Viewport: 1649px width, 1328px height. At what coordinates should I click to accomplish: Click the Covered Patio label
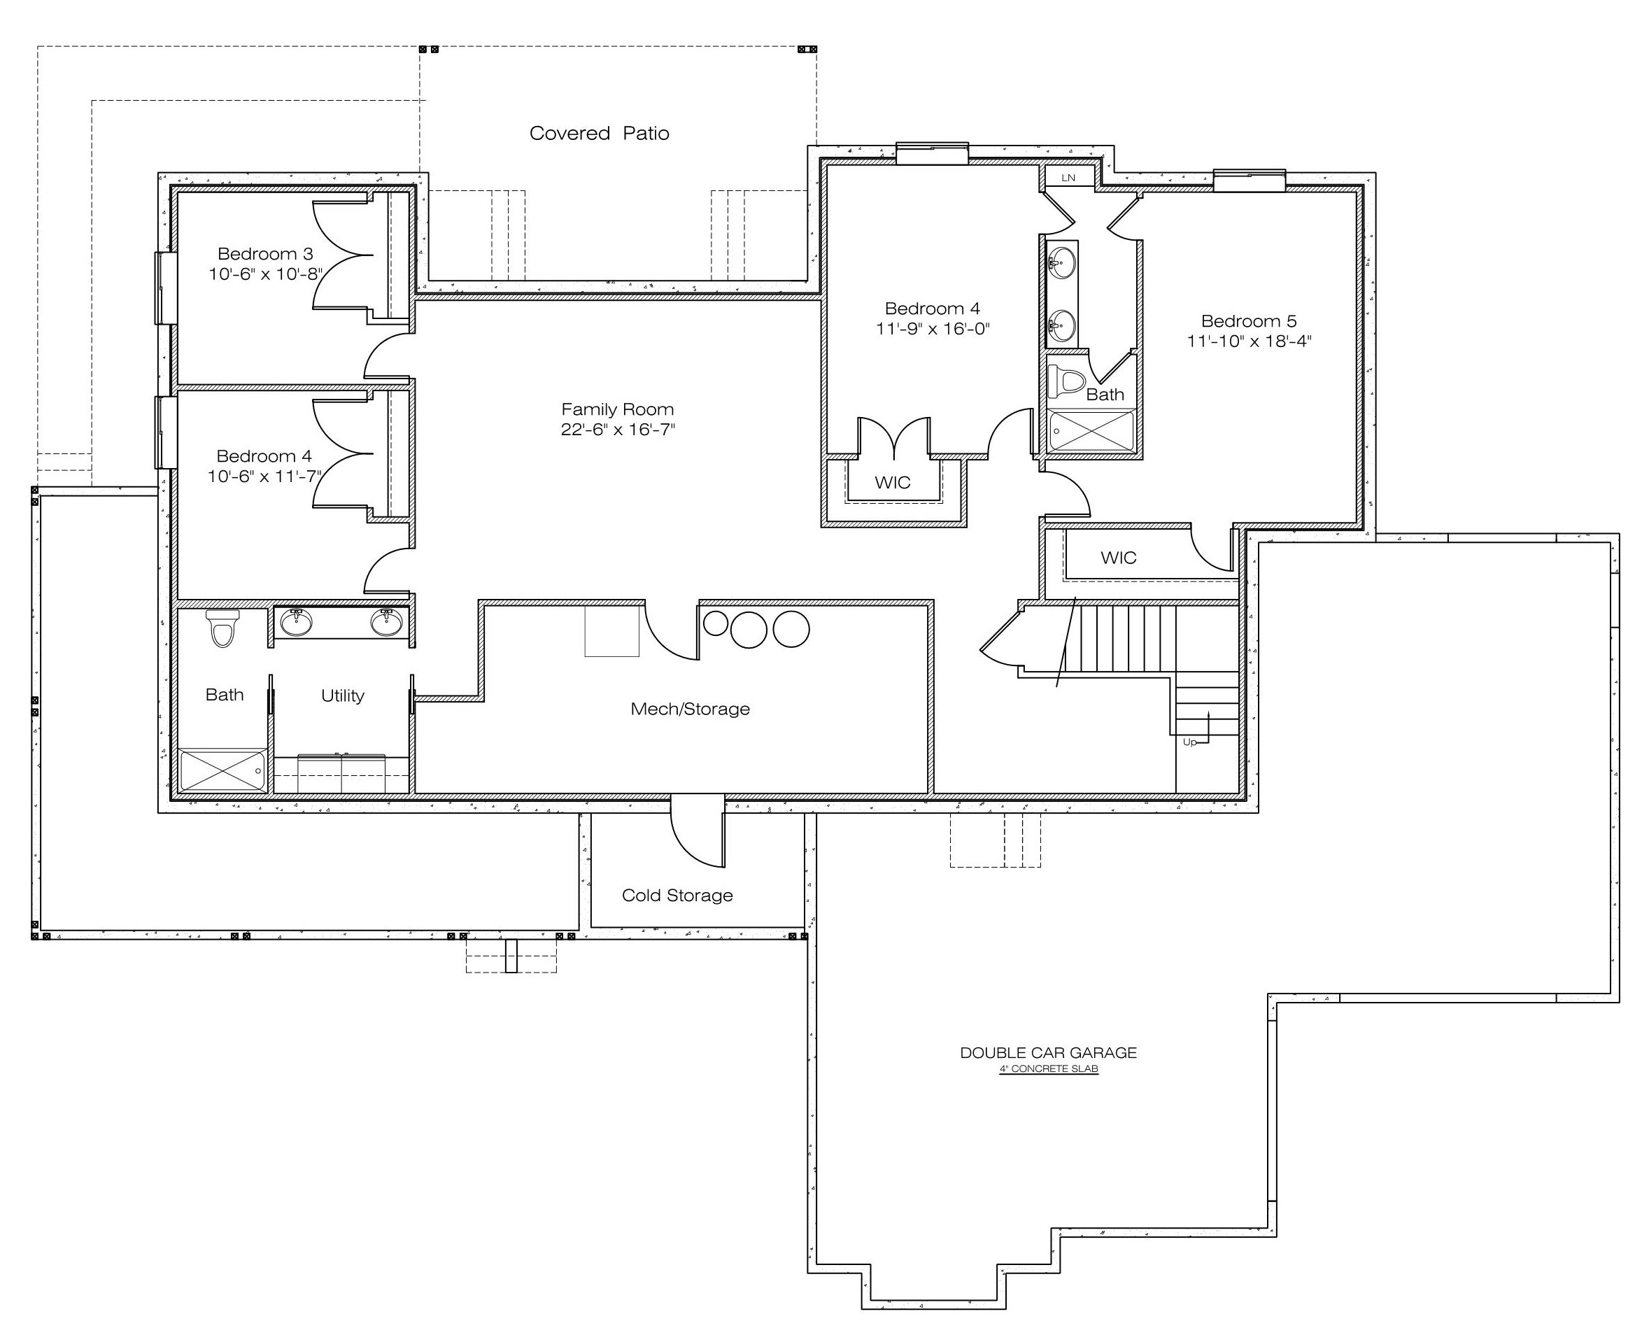(x=599, y=133)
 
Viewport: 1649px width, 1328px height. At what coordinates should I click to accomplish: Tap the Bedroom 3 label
(x=265, y=254)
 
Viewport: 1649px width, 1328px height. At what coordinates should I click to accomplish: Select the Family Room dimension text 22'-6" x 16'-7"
(x=618, y=429)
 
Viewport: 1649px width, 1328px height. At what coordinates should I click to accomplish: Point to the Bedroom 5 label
(x=1249, y=321)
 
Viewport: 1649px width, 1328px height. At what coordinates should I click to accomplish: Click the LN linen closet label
(x=1068, y=178)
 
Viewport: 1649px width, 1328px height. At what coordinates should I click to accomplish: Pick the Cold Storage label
(x=678, y=896)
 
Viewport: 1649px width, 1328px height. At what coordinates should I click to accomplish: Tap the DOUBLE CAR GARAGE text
(x=1049, y=1052)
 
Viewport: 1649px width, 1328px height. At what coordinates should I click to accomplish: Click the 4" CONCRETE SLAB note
(x=1049, y=1068)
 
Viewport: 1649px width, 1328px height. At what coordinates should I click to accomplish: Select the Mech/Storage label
(x=690, y=709)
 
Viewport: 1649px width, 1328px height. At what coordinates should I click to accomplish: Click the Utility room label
(x=343, y=695)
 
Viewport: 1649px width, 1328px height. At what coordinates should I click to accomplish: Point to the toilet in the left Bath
(x=222, y=628)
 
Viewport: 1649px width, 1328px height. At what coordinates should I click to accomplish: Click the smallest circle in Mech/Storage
(x=715, y=623)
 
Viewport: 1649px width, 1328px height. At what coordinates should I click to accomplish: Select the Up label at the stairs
(x=1189, y=742)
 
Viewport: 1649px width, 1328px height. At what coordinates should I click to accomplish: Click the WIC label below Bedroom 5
(x=1119, y=558)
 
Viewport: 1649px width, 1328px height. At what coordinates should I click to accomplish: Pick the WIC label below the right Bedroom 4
(x=893, y=483)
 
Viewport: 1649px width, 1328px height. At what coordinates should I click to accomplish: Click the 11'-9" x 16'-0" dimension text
(x=933, y=329)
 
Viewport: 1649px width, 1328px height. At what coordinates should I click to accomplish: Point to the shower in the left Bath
(x=222, y=770)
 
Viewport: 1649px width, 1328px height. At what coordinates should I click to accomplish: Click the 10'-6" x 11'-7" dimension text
(x=264, y=476)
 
